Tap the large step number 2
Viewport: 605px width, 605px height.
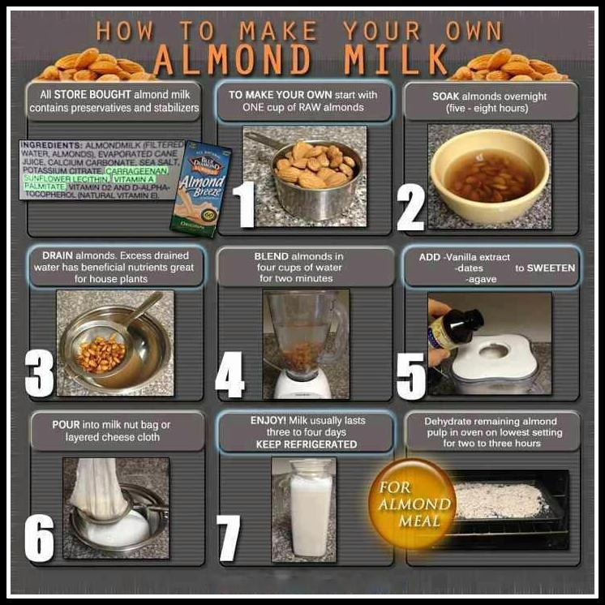[x=410, y=207]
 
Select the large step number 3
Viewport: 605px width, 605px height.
[x=39, y=373]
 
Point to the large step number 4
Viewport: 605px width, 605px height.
[x=230, y=375]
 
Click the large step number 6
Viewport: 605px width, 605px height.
[x=38, y=535]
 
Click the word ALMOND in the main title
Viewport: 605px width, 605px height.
[x=231, y=58]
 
